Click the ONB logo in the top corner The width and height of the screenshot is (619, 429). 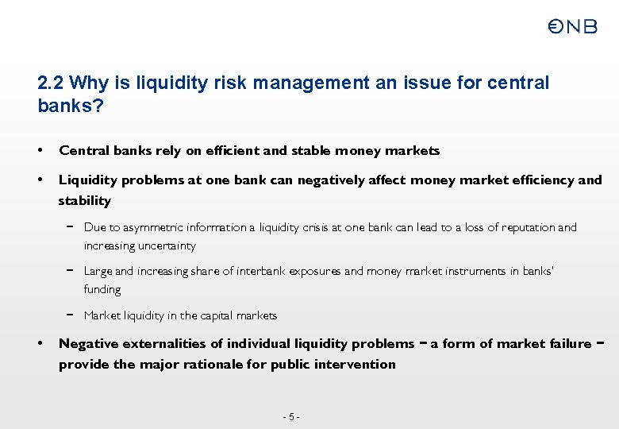coord(571,27)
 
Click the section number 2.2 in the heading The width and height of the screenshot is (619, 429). coord(52,83)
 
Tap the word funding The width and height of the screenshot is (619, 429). coord(102,289)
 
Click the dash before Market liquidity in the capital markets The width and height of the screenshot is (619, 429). coord(70,315)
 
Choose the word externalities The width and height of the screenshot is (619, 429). coord(157,344)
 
